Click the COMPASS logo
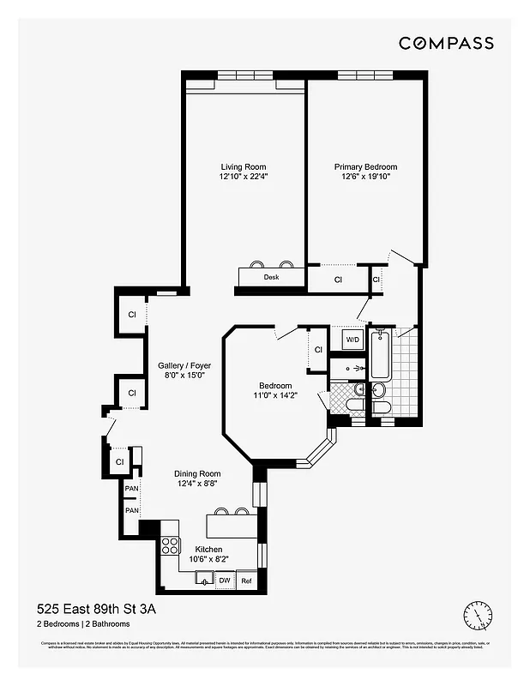446,43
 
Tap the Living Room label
244,167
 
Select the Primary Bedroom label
365,167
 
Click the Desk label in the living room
271,278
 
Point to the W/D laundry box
352,340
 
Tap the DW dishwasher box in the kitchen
224,581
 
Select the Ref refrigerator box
246,581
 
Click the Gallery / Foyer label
184,365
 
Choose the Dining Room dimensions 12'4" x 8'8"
197,484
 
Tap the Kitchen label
208,550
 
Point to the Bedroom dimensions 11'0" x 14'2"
275,396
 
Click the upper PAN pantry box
131,489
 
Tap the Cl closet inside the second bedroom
317,349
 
